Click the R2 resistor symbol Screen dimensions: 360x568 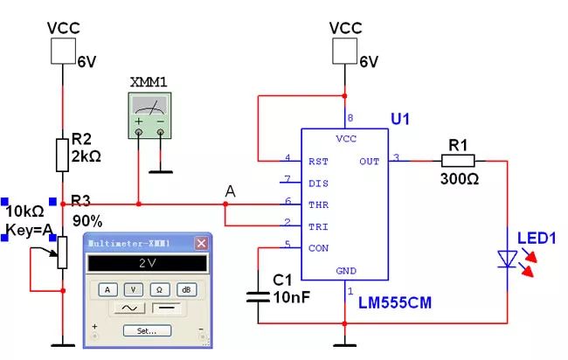[x=62, y=154]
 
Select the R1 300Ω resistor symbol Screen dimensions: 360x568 [x=457, y=160]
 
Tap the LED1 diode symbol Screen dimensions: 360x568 [x=508, y=258]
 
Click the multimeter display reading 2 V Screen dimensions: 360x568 [x=146, y=263]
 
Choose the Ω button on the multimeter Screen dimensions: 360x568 [x=160, y=289]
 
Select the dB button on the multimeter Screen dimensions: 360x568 [x=186, y=289]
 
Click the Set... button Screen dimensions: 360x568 [x=146, y=330]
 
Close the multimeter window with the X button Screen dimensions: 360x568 [x=200, y=243]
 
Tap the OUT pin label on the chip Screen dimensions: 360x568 [x=369, y=161]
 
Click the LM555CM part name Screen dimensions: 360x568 [x=394, y=302]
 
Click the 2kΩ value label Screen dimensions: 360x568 [x=89, y=156]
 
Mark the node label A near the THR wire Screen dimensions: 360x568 [x=230, y=190]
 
